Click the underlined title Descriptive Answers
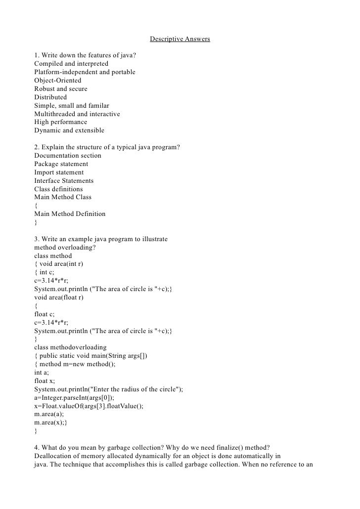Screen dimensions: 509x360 (180, 38)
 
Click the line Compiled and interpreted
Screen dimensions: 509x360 (71, 64)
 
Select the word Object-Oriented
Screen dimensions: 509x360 (58, 81)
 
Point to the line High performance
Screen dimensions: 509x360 (60, 122)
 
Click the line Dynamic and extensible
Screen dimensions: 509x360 (69, 130)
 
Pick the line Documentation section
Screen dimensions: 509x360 (68, 156)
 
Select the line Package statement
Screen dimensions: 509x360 (61, 164)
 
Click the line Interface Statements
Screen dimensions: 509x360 (64, 181)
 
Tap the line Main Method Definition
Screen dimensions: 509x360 (70, 214)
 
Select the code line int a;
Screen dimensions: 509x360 (42, 373)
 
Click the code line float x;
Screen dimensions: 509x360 (45, 381)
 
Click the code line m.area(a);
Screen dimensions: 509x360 (49, 415)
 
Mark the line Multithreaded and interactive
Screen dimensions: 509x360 (77, 114)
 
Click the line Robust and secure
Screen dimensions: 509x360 (61, 89)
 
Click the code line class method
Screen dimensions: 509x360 (53, 256)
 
